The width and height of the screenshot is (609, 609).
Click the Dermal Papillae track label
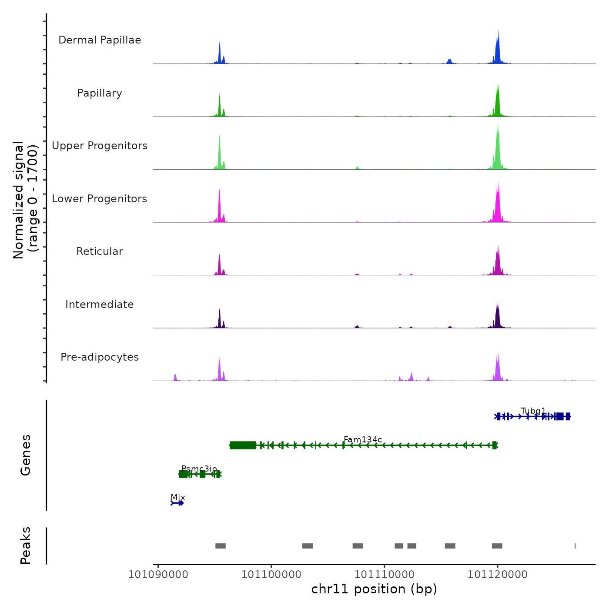pyautogui.click(x=100, y=40)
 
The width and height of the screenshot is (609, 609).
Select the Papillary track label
pyautogui.click(x=100, y=93)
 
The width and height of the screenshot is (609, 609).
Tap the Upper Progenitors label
pyautogui.click(x=100, y=146)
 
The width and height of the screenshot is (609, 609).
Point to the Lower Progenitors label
pyautogui.click(x=100, y=199)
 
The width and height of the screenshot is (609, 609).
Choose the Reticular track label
pyautogui.click(x=100, y=251)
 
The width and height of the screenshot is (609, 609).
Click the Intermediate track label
pyautogui.click(x=100, y=304)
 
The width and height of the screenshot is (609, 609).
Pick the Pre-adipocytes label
pyautogui.click(x=100, y=357)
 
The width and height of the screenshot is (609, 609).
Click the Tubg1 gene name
pyautogui.click(x=533, y=411)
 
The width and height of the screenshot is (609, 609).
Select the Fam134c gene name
pyautogui.click(x=363, y=440)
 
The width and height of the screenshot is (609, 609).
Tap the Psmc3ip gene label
pyautogui.click(x=199, y=469)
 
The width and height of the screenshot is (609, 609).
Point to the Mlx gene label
pyautogui.click(x=178, y=498)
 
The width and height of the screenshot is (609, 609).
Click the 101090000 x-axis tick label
pyautogui.click(x=158, y=575)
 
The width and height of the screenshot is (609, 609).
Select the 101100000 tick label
pyautogui.click(x=271, y=575)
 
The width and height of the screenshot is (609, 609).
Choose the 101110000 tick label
pyautogui.click(x=385, y=575)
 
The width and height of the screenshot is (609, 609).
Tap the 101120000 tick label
pyautogui.click(x=498, y=575)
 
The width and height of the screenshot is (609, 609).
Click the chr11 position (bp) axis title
pyautogui.click(x=374, y=589)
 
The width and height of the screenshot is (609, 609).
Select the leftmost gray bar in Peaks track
pyautogui.click(x=221, y=546)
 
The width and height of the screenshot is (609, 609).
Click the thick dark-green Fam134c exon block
pyautogui.click(x=243, y=445)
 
